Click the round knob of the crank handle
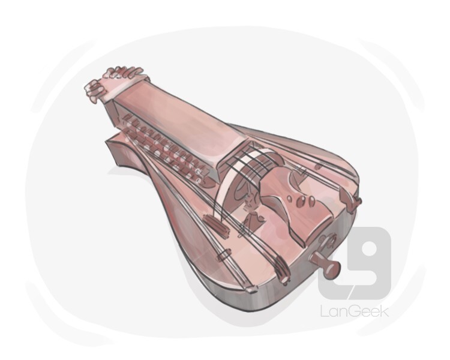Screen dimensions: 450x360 coord(333,270)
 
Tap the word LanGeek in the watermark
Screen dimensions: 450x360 coord(355,311)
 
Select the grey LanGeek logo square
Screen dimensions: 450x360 coord(355,263)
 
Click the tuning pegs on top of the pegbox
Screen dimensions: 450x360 coord(124,73)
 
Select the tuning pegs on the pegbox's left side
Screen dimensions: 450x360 coord(93,91)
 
